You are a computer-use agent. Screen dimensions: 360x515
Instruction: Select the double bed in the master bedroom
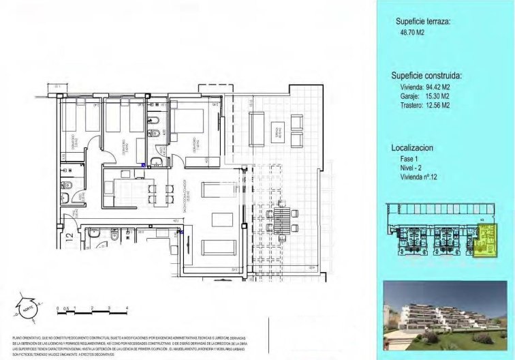(189, 127)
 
